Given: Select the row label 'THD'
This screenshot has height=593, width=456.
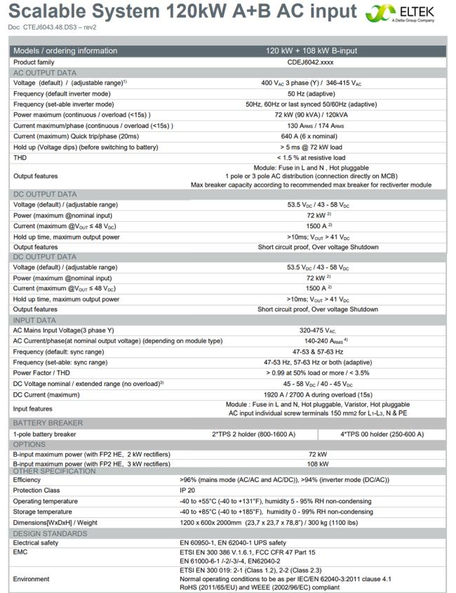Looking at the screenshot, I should [21, 157].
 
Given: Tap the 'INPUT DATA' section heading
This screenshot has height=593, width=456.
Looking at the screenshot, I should [34, 320].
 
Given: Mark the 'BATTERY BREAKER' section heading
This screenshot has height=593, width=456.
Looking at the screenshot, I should [48, 423].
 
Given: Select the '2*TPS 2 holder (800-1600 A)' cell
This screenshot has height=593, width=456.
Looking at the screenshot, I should [254, 434].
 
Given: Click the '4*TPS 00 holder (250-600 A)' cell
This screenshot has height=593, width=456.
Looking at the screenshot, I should [382, 434].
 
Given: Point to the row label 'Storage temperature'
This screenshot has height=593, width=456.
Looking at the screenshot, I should [44, 512].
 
